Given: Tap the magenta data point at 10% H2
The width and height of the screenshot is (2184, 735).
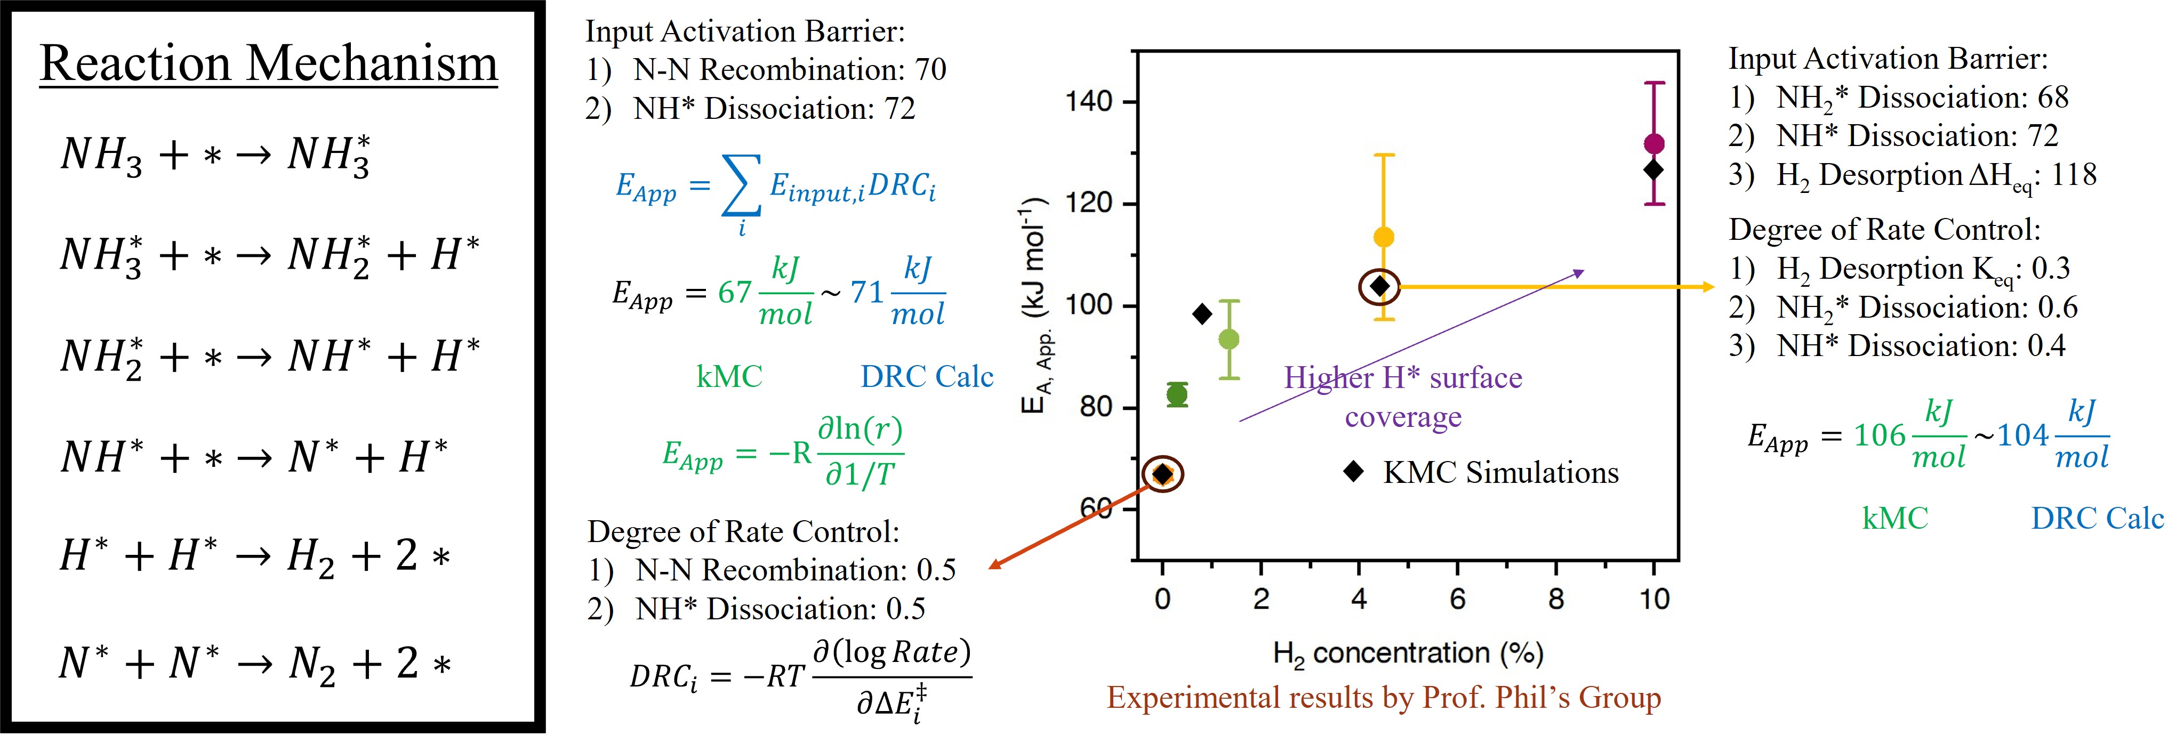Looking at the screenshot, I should coord(1654,144).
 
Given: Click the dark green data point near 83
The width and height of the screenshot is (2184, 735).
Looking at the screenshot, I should coord(1177,394).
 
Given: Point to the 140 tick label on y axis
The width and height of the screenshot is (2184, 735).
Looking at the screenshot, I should coord(1089,102).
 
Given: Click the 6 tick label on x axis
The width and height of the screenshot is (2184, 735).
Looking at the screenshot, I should coord(1457,600).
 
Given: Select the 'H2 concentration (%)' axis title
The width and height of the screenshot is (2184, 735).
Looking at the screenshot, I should coord(1408,653).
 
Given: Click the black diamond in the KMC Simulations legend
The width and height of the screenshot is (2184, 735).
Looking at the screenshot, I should coord(1354,471).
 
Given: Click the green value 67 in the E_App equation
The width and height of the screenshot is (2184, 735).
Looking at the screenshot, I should coord(734,293).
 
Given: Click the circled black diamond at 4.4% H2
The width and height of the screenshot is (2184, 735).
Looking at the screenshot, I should coord(1379,287).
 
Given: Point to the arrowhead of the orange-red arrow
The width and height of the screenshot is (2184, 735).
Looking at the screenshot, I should coord(994,566).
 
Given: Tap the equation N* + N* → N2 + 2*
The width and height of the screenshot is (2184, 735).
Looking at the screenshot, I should coord(254,664).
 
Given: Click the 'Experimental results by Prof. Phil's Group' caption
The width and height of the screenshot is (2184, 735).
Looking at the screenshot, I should coord(1384,698).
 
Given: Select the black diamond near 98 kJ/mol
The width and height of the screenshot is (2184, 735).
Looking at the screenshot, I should coord(1201,314).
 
